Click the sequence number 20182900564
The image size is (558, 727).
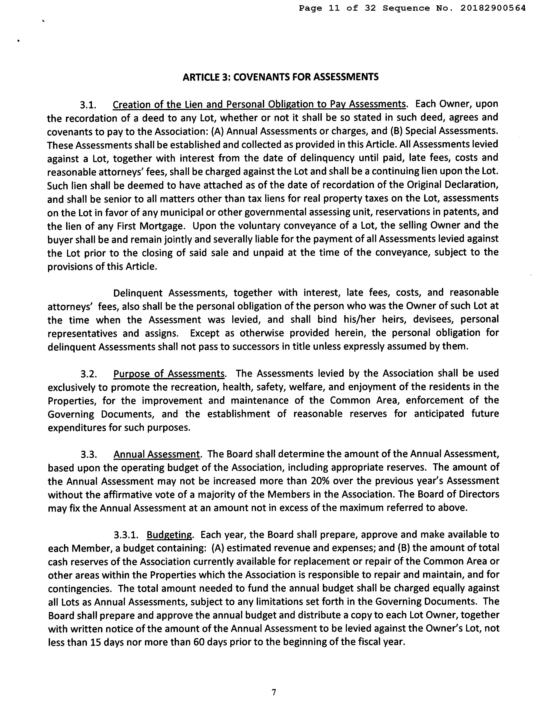(x=493, y=8)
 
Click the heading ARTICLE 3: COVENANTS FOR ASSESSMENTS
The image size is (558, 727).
(x=281, y=77)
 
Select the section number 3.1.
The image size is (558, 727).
(x=88, y=105)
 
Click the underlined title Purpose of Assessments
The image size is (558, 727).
(x=169, y=374)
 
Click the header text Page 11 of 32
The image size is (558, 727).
(x=337, y=8)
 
